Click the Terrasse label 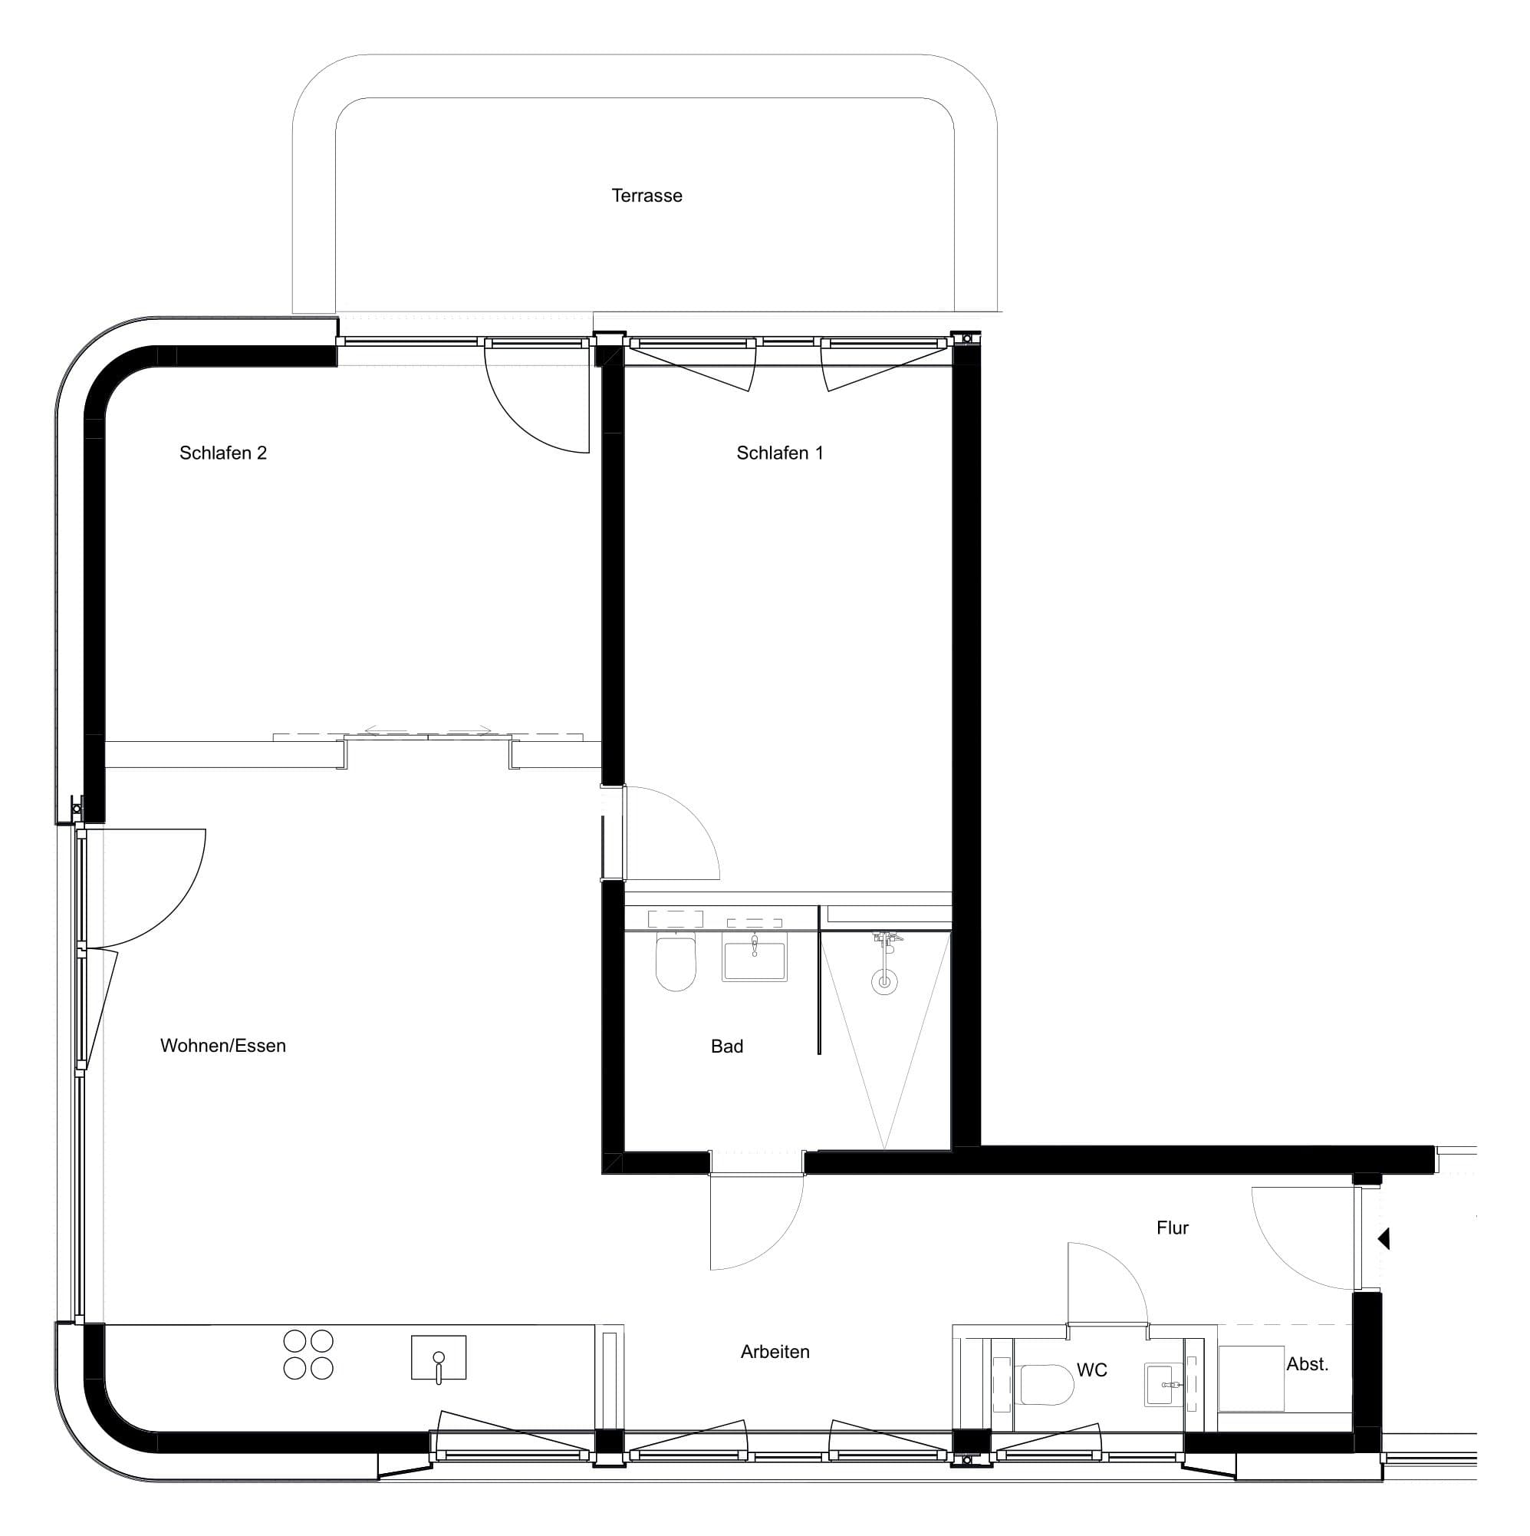point(647,196)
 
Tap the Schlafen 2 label point(222,453)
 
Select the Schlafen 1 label point(779,453)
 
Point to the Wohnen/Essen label point(222,1046)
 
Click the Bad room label point(726,1047)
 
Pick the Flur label point(1172,1228)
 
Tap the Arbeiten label point(774,1352)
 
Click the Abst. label point(1307,1364)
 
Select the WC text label point(1091,1370)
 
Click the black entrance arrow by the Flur point(1384,1238)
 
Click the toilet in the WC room point(1045,1384)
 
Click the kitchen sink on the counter point(438,1357)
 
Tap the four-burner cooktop point(308,1355)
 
